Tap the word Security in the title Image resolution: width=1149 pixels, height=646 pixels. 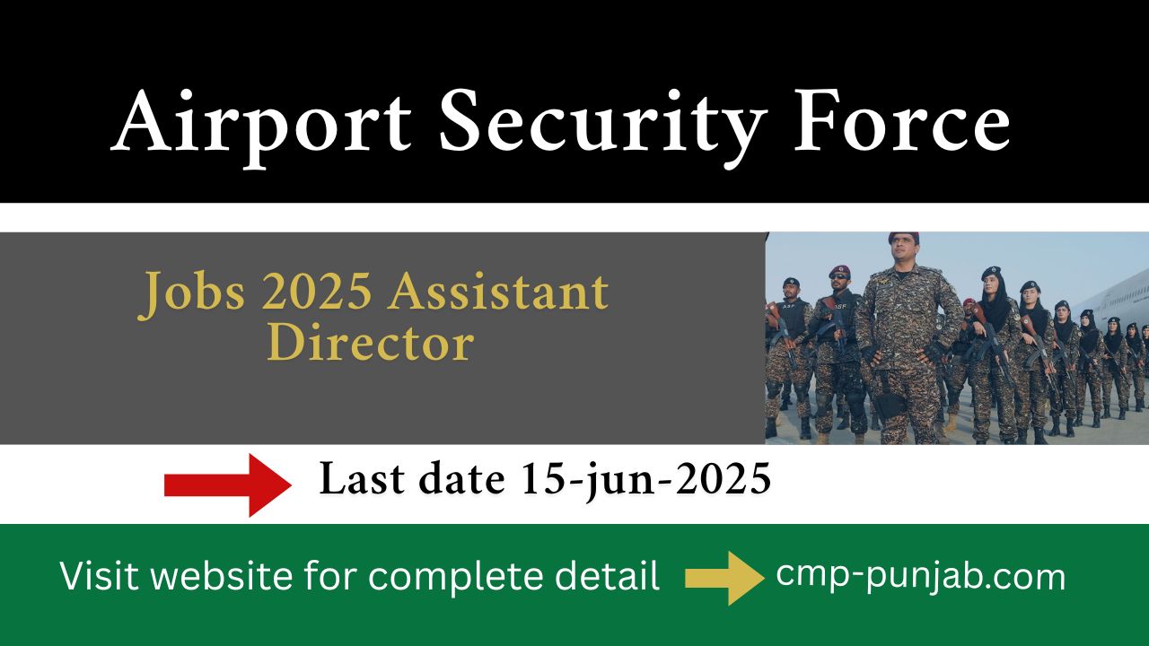(x=603, y=127)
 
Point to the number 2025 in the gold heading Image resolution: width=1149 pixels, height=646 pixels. (x=317, y=291)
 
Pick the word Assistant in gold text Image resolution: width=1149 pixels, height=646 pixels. (x=498, y=291)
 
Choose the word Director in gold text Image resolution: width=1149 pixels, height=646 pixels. (x=371, y=342)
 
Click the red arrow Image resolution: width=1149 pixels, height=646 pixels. (x=228, y=485)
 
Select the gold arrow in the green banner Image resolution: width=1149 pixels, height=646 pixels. (x=724, y=578)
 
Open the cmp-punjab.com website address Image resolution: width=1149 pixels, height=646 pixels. (x=921, y=576)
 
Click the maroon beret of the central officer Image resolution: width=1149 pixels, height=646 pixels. (x=904, y=237)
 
